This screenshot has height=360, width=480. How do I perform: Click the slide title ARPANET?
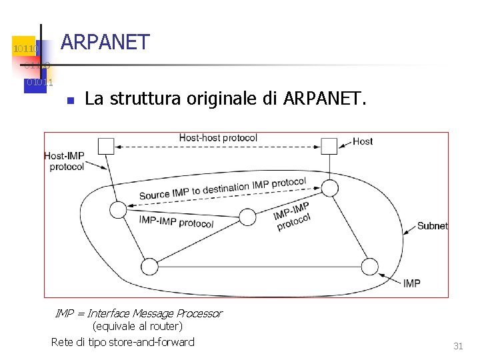point(105,42)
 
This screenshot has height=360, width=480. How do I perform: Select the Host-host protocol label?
point(218,138)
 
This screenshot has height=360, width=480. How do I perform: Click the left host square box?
point(106,146)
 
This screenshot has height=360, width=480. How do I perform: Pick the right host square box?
point(329,146)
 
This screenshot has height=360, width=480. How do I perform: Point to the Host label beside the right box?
point(363,141)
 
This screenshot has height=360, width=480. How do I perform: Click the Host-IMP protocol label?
point(65,161)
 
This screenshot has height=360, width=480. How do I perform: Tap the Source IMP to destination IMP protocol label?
point(223,189)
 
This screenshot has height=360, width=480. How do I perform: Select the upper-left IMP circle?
point(118,211)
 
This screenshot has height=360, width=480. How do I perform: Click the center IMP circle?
point(247,217)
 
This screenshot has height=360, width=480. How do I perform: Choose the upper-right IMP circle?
point(330,188)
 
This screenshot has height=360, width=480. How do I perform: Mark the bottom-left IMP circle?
point(149,266)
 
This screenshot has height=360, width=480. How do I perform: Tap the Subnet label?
point(432,226)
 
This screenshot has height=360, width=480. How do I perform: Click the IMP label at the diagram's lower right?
point(412,283)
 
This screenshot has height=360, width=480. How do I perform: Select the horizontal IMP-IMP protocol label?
point(176,222)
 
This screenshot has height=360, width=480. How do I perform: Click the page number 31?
point(458,346)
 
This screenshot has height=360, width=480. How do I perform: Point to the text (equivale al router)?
point(137,327)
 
